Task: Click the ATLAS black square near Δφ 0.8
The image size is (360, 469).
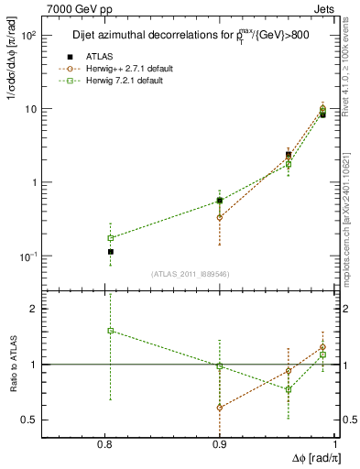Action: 111,251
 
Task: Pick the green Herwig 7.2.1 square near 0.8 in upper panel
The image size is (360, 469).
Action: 111,238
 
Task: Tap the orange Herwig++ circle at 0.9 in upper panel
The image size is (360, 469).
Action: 220,217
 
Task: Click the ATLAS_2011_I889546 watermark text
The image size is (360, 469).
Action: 191,273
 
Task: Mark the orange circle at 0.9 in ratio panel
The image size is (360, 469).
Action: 220,407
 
